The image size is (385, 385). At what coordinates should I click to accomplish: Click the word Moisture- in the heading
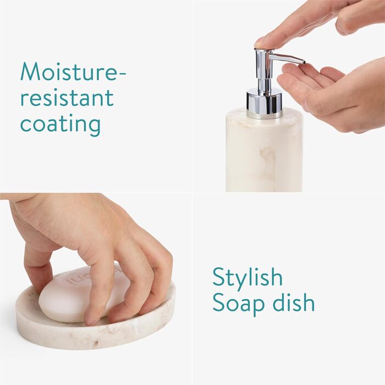coord(73,71)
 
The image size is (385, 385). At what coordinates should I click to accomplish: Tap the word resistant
coord(67,97)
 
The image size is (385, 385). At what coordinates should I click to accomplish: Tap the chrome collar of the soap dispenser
coord(264,103)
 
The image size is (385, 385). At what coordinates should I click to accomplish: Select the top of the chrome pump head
coord(264,50)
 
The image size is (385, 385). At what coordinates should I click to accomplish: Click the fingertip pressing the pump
coord(261,43)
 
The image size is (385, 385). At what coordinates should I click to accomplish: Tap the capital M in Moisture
coord(30,71)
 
